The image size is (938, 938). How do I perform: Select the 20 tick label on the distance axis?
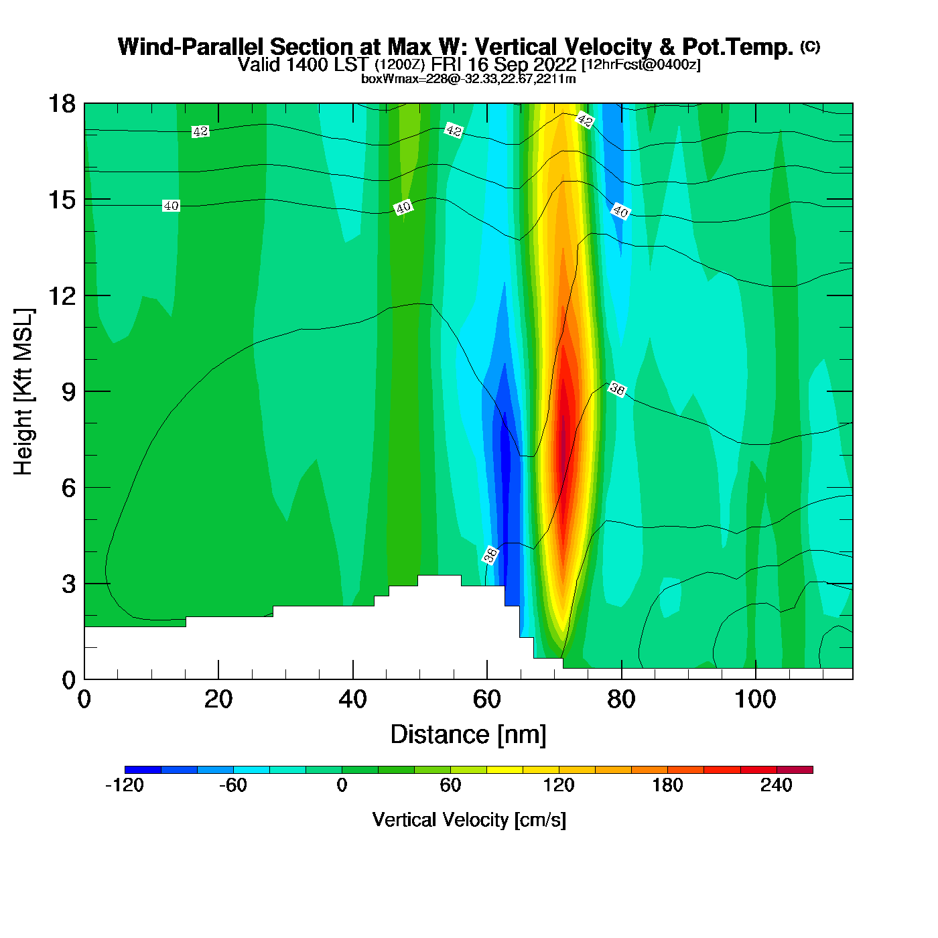tap(218, 699)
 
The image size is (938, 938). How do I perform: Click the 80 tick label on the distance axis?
tap(621, 699)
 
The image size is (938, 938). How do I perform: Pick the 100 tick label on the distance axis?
tap(755, 699)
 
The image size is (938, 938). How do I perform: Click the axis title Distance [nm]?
tap(468, 734)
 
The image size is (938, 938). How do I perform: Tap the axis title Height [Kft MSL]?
tap(23, 392)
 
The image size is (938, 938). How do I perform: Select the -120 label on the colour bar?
tap(125, 785)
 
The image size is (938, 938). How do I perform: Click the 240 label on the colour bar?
tap(777, 785)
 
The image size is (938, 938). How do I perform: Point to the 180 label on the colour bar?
tap(667, 785)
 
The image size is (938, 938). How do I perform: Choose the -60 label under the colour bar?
tap(233, 785)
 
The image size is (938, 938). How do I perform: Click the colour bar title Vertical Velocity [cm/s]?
tap(469, 819)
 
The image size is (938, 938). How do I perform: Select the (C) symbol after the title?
tap(810, 46)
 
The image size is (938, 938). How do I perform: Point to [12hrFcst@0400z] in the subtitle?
tap(641, 65)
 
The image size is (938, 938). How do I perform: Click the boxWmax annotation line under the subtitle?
tap(468, 79)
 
